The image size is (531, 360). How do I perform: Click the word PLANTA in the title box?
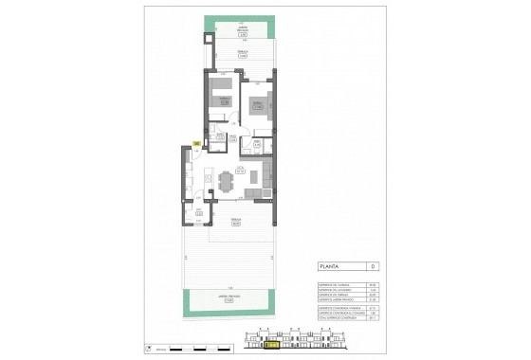(330, 268)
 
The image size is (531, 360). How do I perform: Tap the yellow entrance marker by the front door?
(195, 144)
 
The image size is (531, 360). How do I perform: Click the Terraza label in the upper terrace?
(243, 56)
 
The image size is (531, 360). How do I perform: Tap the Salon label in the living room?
(241, 171)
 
